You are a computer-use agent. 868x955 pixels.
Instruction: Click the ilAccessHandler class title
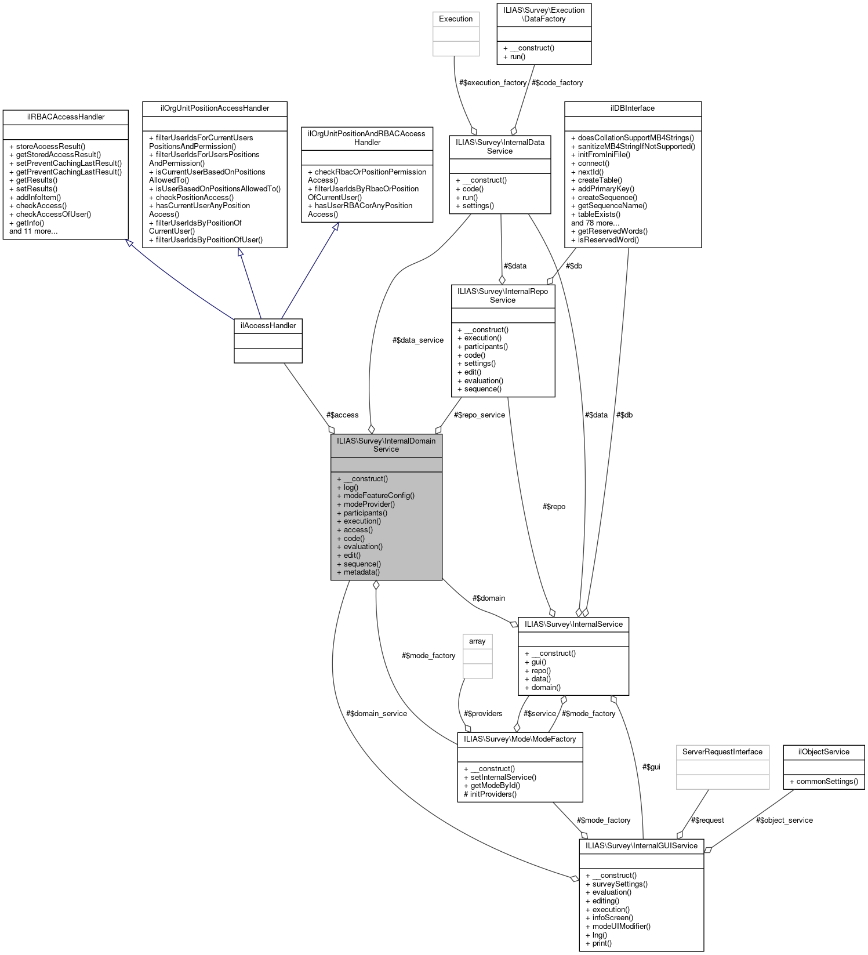[x=268, y=325]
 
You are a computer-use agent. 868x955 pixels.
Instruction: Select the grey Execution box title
[x=456, y=19]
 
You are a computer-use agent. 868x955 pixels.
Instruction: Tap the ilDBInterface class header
[x=632, y=108]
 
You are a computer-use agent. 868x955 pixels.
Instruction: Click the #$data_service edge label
[x=417, y=340]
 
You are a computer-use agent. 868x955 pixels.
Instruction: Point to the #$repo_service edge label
[x=480, y=415]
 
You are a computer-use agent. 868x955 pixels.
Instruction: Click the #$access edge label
[x=342, y=415]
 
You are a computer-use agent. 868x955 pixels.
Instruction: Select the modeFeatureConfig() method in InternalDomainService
[x=379, y=496]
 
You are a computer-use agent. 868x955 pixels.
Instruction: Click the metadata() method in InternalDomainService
[x=361, y=572]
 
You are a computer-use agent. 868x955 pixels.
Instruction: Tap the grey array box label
[x=477, y=641]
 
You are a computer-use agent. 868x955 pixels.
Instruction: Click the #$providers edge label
[x=483, y=714]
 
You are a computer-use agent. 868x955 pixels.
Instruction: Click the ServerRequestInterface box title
[x=722, y=752]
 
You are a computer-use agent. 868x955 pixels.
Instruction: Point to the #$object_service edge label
[x=784, y=820]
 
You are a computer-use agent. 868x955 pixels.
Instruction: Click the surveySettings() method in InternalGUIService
[x=619, y=884]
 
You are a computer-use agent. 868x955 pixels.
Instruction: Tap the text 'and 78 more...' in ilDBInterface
[x=595, y=223]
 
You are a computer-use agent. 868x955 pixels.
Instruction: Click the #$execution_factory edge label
[x=492, y=83]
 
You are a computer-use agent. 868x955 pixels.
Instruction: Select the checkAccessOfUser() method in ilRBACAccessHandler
[x=53, y=215]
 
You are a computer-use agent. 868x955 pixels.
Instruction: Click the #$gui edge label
[x=651, y=767]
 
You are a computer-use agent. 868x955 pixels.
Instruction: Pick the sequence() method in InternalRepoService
[x=482, y=389]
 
